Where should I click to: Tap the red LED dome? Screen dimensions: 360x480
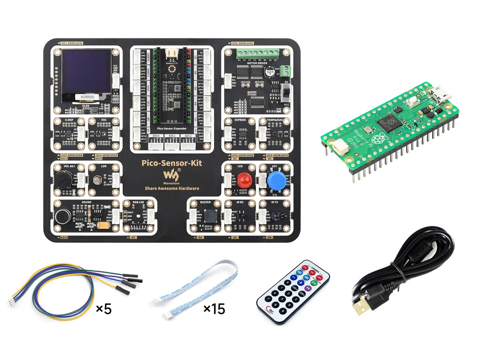click(x=244, y=180)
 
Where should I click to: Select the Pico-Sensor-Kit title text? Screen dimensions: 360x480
click(x=172, y=163)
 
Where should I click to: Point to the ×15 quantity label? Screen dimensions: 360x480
click(x=214, y=309)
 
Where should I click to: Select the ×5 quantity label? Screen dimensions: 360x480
click(x=104, y=309)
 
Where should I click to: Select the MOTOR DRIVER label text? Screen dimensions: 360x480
click(x=257, y=63)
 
